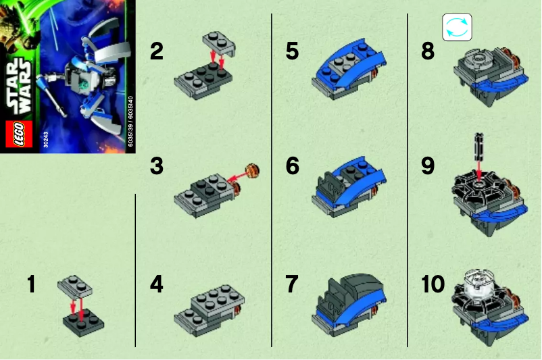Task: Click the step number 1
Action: (x=30, y=285)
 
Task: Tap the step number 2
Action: (x=157, y=51)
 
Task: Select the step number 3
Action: (x=157, y=167)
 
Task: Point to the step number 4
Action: (x=157, y=285)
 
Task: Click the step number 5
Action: (x=292, y=51)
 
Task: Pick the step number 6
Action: (x=292, y=167)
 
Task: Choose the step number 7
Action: (x=292, y=285)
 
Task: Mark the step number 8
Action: (x=428, y=51)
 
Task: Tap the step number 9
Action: (x=428, y=167)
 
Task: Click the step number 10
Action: (x=433, y=285)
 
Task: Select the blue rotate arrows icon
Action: (x=457, y=28)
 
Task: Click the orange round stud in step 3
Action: (x=254, y=169)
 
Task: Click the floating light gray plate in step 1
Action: (x=74, y=288)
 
